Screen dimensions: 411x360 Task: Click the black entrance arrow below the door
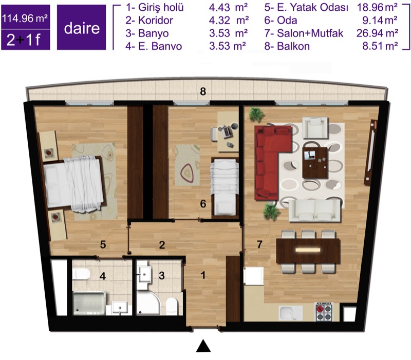pos(203,346)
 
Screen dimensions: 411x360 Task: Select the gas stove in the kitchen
pos(324,312)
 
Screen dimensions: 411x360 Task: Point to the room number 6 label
pos(203,204)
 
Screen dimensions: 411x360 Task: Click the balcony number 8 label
pos(203,92)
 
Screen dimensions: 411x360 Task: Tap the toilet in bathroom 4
pos(82,274)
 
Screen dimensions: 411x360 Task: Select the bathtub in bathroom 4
pos(89,303)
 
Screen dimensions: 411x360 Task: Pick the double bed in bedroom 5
pos(74,182)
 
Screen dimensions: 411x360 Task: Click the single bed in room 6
pos(225,187)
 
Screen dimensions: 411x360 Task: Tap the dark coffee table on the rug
pos(315,163)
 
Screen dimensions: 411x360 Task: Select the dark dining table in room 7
pos(308,251)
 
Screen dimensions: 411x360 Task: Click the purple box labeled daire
pos(82,27)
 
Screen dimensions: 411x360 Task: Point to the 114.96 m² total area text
pos(25,18)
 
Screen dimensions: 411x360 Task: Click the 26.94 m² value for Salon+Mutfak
pos(378,33)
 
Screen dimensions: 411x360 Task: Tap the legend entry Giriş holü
pos(155,8)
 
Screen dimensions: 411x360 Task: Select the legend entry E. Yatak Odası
pos(306,8)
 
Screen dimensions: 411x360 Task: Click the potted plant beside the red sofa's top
pos(256,115)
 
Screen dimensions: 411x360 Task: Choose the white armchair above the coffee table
pos(315,127)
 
